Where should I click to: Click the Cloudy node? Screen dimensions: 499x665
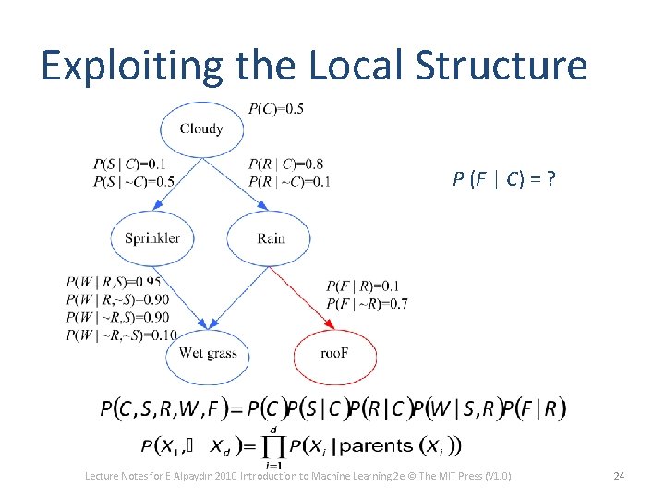pos(200,128)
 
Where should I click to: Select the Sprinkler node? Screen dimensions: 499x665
pos(152,237)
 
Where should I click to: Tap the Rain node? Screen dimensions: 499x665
pos(271,237)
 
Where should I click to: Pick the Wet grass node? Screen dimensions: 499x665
pos(208,353)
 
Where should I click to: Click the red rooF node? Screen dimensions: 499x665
pos(334,353)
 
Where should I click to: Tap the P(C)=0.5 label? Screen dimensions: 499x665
pos(276,109)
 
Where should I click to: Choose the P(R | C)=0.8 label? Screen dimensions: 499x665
pos(285,164)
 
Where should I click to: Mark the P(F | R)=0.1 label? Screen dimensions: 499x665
pos(363,286)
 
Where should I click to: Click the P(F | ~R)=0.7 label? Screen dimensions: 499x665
pos(367,303)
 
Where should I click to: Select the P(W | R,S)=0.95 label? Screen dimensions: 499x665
pos(114,282)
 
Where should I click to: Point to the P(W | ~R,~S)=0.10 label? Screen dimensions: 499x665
pos(121,334)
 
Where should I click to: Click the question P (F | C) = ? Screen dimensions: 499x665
pos(503,178)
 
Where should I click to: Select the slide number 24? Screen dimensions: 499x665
pos(619,476)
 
